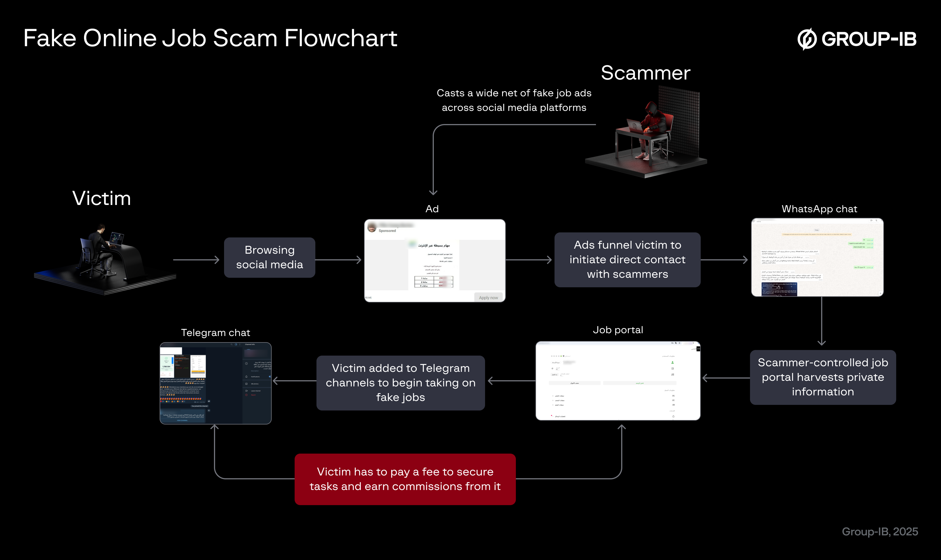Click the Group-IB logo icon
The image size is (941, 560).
tap(807, 39)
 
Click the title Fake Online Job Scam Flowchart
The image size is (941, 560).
tap(210, 38)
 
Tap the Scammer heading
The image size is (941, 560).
tap(646, 73)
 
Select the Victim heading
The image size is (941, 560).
tap(102, 199)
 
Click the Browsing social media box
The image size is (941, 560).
tap(269, 257)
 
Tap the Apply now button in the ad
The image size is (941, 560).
tap(488, 298)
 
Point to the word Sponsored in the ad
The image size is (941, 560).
tap(387, 230)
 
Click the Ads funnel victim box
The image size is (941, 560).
tap(627, 260)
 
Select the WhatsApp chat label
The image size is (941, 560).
tap(819, 209)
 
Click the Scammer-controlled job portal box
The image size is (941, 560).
tap(823, 377)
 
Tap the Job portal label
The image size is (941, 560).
tap(618, 330)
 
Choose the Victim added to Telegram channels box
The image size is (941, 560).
tap(400, 383)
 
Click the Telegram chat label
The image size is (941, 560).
tap(216, 333)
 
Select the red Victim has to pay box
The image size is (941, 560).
tap(405, 479)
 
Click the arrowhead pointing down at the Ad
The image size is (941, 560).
tap(433, 192)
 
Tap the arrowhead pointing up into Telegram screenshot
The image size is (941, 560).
tap(215, 427)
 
